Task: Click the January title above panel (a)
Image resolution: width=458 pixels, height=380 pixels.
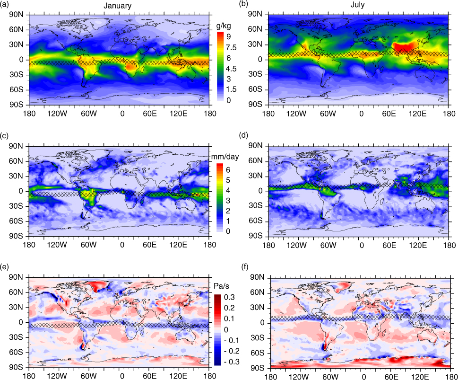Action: click(117, 6)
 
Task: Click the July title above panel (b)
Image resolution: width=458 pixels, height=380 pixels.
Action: click(357, 5)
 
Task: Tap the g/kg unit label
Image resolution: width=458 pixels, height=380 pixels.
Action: click(224, 26)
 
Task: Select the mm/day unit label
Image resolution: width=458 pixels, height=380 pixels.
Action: click(225, 157)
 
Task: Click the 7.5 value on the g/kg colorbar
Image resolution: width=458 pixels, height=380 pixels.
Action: click(231, 47)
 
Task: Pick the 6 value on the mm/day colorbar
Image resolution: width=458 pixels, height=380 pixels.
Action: click(228, 170)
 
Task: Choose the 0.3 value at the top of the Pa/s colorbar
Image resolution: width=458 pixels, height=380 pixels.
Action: click(229, 297)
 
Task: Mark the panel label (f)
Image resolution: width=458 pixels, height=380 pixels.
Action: click(246, 267)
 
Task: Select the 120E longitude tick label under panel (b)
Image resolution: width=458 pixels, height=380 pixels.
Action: click(417, 114)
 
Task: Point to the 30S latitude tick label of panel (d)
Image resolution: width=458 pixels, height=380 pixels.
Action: click(256, 206)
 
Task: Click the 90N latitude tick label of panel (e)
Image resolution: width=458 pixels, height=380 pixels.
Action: click(16, 277)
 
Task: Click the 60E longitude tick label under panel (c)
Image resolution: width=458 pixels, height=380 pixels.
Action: click(149, 245)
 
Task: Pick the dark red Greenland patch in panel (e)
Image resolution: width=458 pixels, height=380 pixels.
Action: click(98, 286)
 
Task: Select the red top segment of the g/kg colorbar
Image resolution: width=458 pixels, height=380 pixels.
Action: click(220, 35)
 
